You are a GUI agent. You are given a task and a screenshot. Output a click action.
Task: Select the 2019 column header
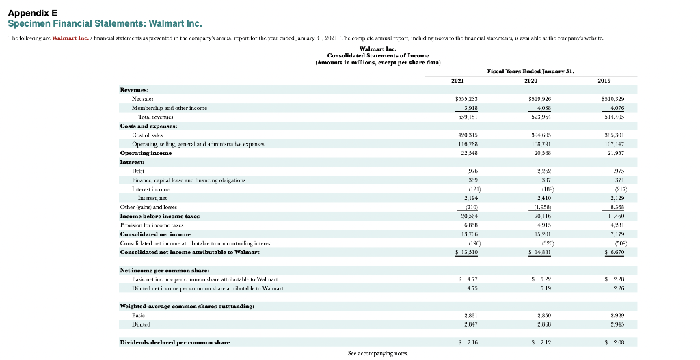[604, 80]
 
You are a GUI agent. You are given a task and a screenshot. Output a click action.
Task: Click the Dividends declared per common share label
[175, 341]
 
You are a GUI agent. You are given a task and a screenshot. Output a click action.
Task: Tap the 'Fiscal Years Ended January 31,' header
[530, 70]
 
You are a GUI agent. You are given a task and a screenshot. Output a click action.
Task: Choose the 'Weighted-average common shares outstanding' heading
[183, 306]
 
